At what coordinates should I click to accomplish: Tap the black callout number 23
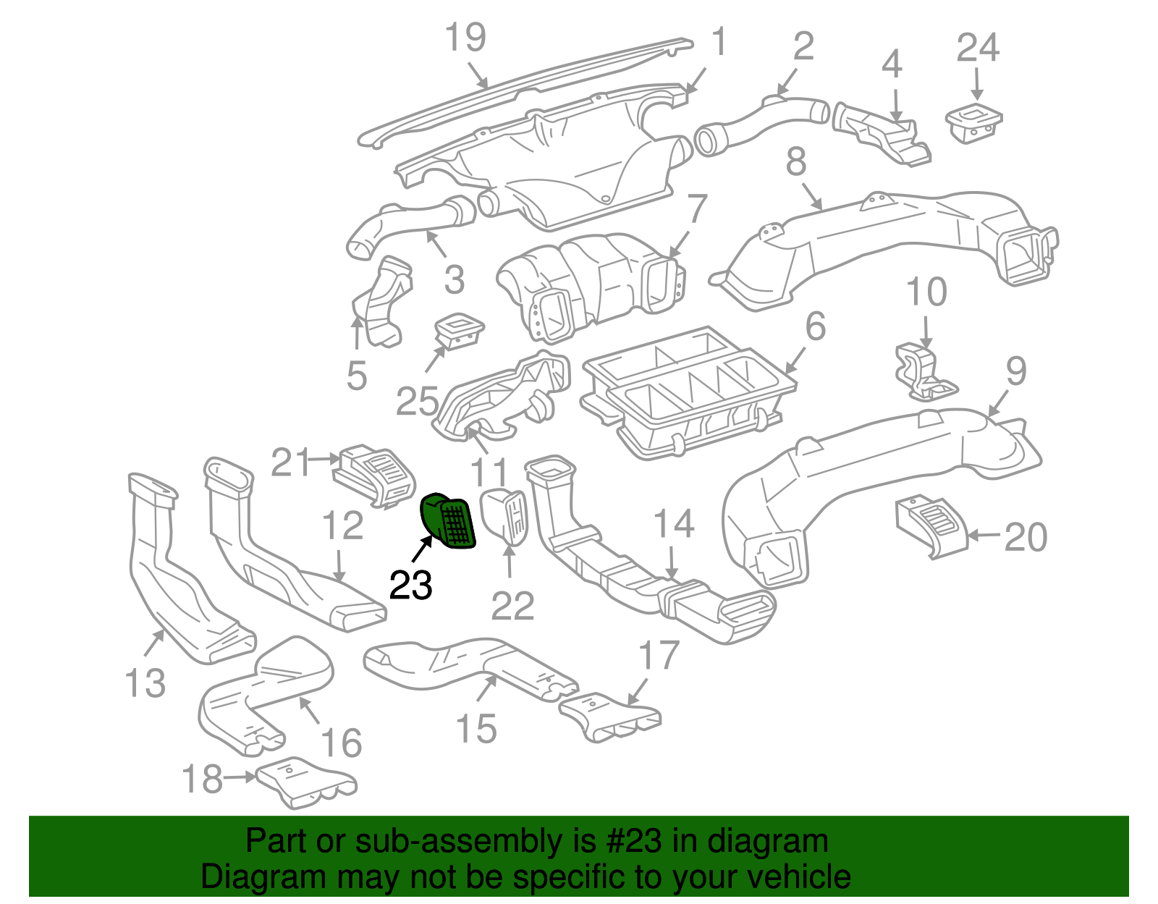tap(410, 585)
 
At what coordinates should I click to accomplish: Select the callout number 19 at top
tap(465, 38)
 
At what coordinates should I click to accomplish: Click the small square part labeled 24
tap(973, 123)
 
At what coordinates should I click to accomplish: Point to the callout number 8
tap(796, 162)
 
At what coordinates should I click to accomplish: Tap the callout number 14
tap(674, 524)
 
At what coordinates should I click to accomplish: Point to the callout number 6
tap(815, 326)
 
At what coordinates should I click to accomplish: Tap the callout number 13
tap(145, 683)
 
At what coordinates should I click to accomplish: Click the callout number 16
tap(341, 743)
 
